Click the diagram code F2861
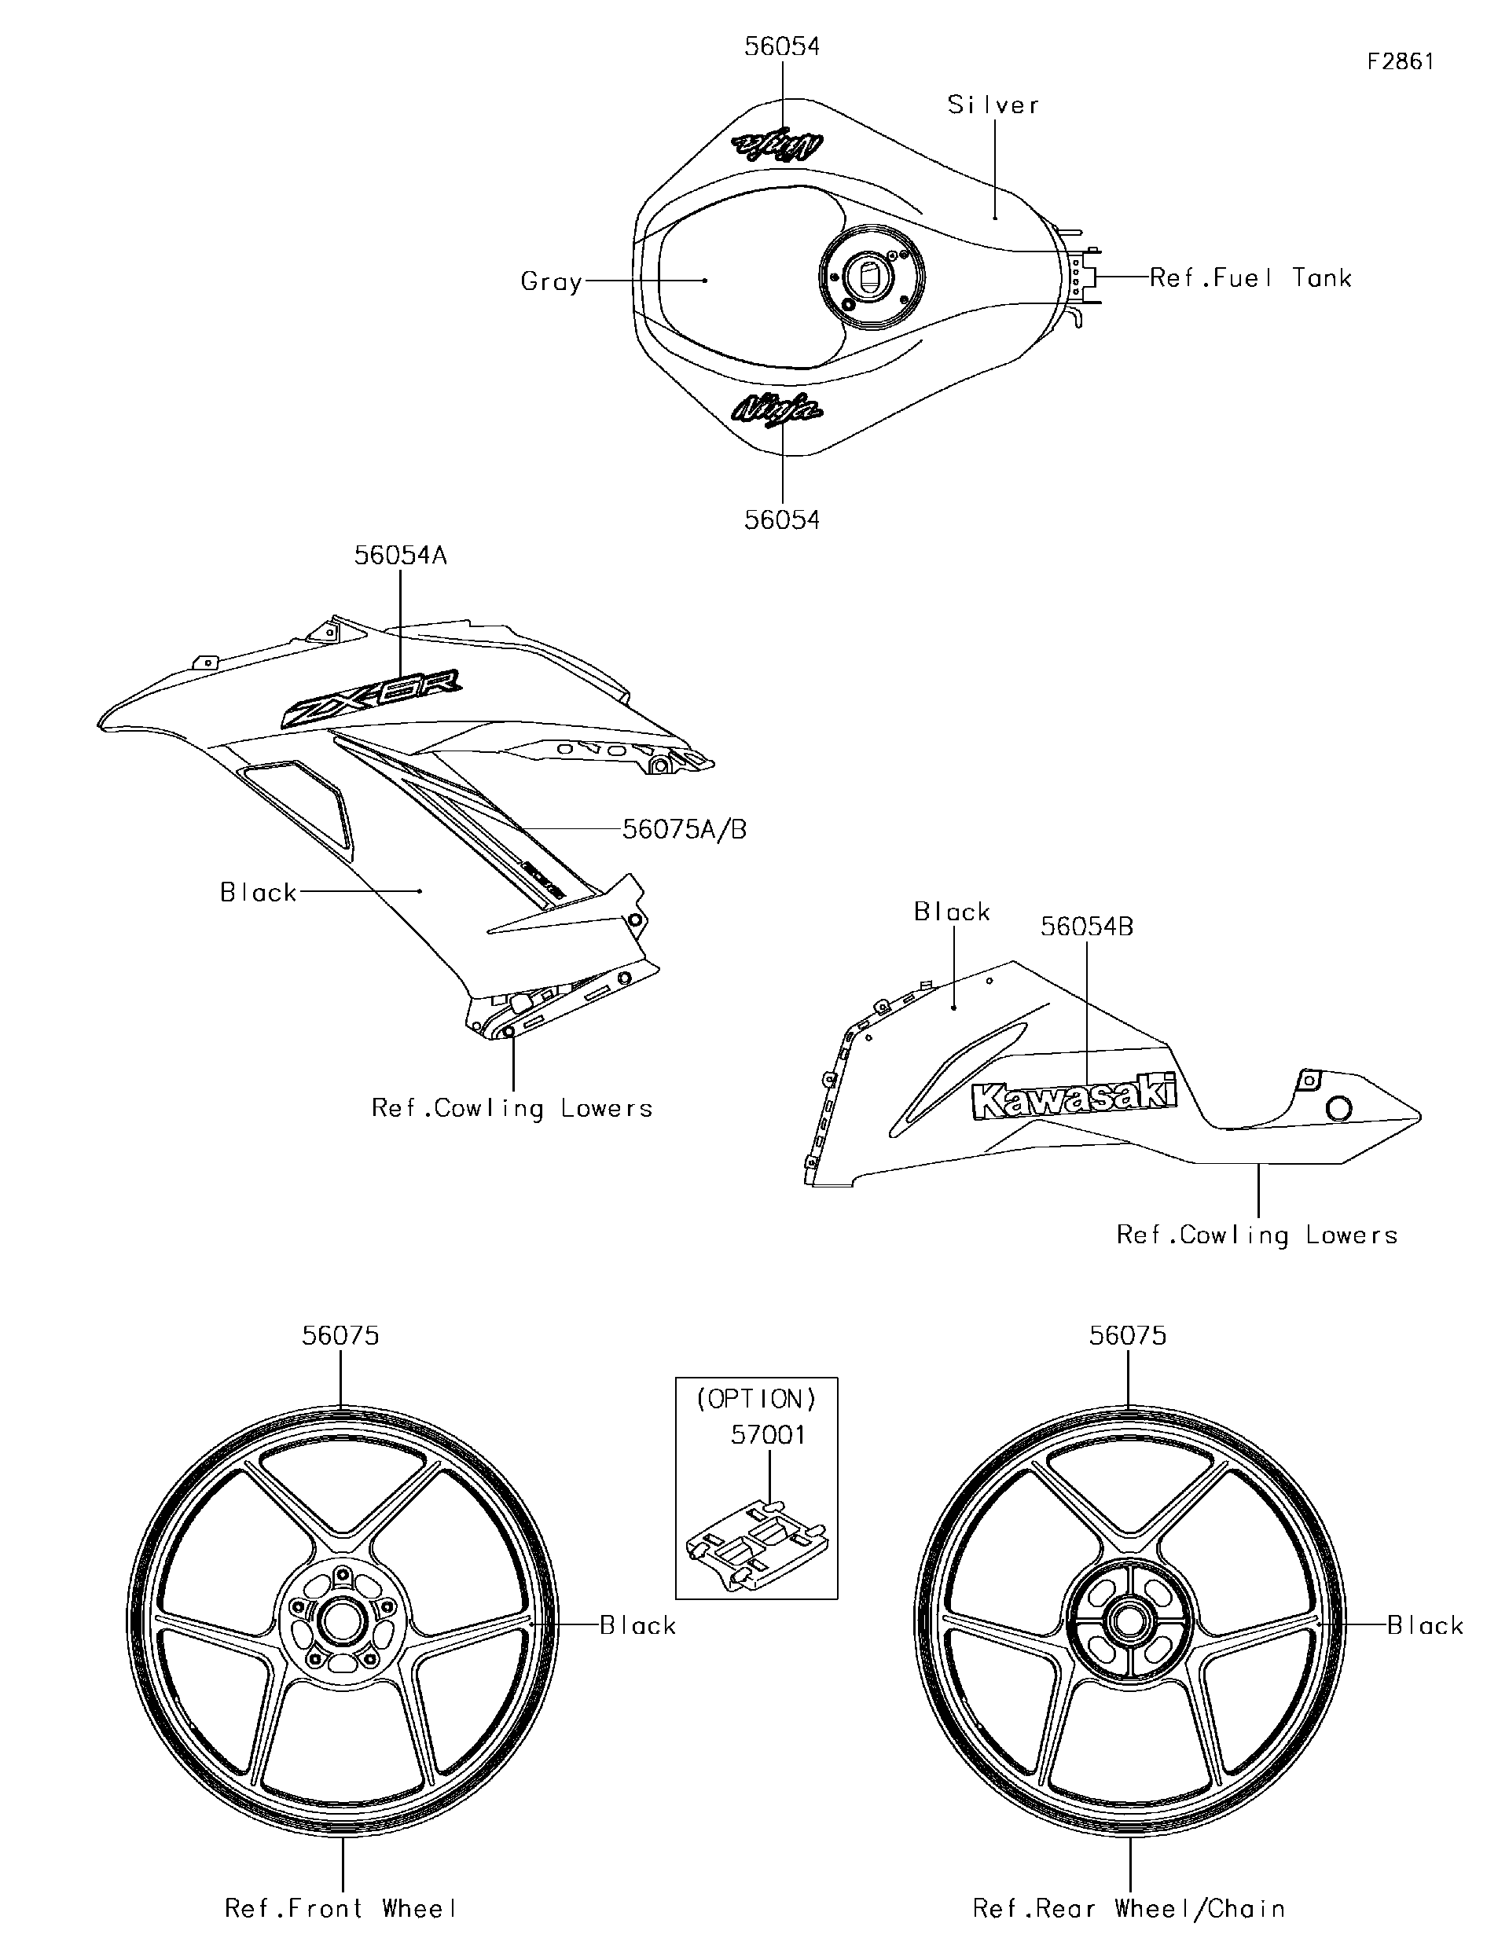pos(1400,61)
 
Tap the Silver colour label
pos(993,105)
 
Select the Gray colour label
pos(551,282)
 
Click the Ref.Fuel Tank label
pos(1250,278)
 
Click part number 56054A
pos(400,555)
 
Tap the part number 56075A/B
pos(684,829)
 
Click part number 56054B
pos(1086,927)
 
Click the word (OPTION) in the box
pos(756,1398)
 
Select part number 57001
pos(767,1435)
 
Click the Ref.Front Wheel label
pos(341,1909)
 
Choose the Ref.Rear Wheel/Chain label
pos(1129,1909)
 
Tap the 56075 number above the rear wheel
pos(1127,1336)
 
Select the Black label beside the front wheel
pos(637,1626)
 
